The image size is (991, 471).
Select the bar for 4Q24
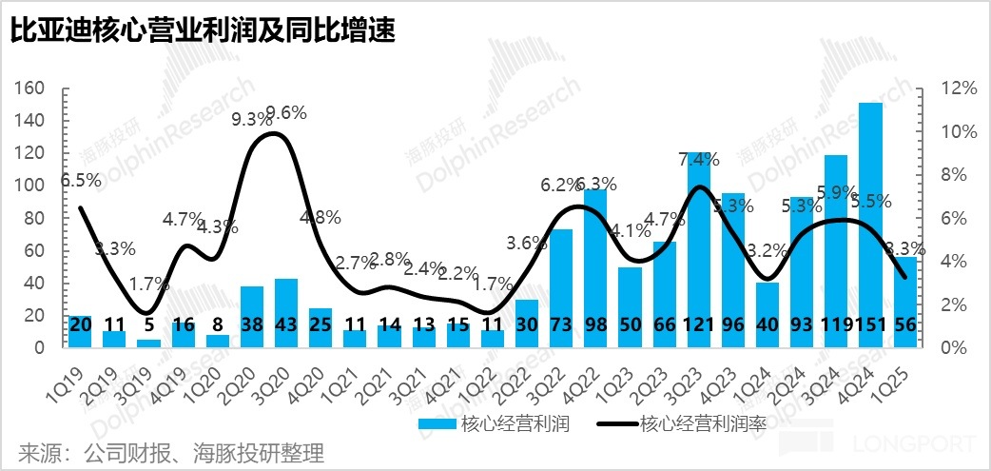[x=870, y=219]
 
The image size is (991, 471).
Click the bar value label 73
[x=562, y=324]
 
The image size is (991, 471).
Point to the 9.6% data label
[x=286, y=113]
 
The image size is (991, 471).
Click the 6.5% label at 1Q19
[x=79, y=180]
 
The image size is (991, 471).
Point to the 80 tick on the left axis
[x=35, y=218]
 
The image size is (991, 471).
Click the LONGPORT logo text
[x=914, y=444]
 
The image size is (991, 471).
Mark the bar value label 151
[x=870, y=324]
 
